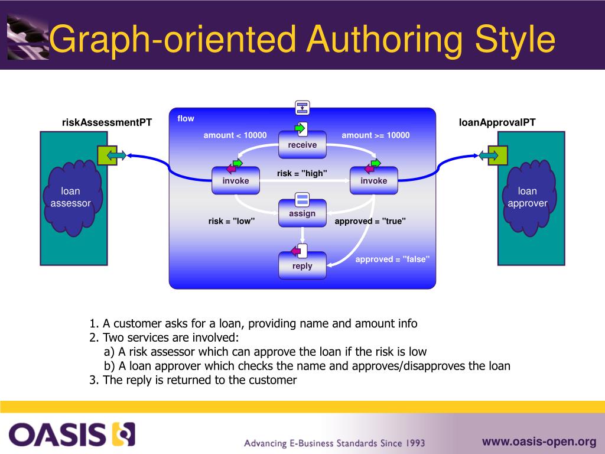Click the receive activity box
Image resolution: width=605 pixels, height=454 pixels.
pos(302,145)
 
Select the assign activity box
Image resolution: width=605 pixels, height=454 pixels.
pos(302,214)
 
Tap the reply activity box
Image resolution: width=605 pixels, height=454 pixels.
pos(302,266)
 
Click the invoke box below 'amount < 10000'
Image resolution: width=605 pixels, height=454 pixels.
pos(236,181)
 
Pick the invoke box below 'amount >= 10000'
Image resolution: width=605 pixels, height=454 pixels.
pos(373,181)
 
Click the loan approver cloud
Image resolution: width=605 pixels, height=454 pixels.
pos(527,197)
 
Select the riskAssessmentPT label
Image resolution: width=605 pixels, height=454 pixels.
pos(107,122)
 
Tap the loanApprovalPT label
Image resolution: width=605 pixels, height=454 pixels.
pos(497,122)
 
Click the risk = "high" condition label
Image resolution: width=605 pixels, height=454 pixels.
pos(302,173)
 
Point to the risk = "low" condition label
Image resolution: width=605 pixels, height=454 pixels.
pos(231,221)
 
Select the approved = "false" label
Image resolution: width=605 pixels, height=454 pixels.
pos(392,259)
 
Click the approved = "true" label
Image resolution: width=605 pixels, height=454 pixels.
pos(370,221)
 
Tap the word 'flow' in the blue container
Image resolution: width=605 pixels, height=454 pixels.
pos(186,118)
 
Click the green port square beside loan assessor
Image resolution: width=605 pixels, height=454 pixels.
pos(106,155)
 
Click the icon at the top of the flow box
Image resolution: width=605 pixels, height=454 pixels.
pos(302,108)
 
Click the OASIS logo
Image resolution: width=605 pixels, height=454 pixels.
pos(71,434)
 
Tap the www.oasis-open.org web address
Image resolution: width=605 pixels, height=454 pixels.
pos(539,441)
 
